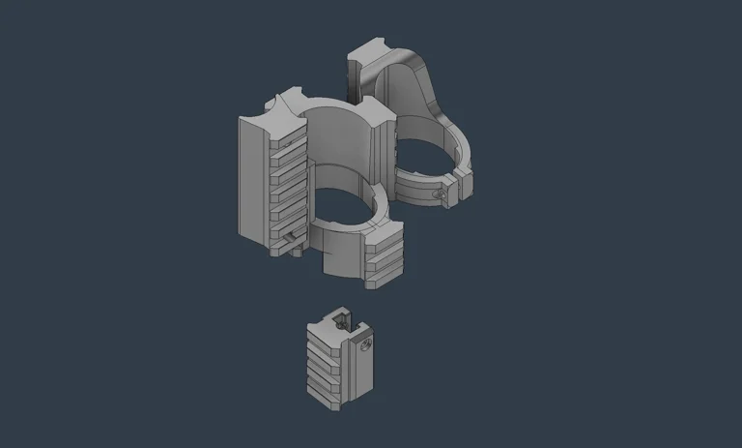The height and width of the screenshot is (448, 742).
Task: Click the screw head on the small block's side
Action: (x=366, y=343)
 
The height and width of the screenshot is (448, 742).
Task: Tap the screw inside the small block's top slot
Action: (x=339, y=319)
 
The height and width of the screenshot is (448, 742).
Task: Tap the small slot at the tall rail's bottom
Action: (x=293, y=236)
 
